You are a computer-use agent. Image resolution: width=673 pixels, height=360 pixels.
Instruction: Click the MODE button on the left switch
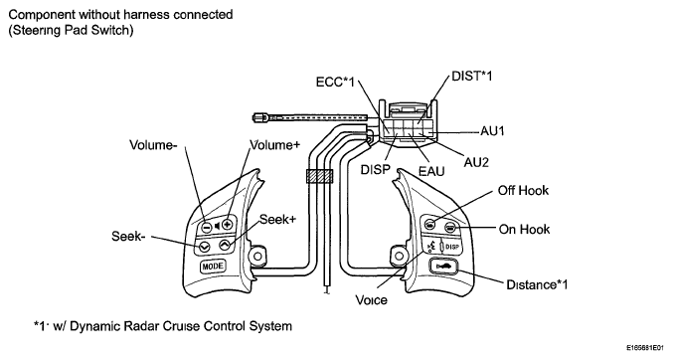pos(213,267)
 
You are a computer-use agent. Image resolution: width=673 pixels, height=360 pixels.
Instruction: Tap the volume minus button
pos(207,226)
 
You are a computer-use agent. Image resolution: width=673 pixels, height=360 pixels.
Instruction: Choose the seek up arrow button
pos(225,246)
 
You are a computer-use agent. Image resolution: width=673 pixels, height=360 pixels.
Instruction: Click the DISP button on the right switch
pos(452,247)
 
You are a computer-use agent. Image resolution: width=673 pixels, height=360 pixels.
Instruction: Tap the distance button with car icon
pos(443,268)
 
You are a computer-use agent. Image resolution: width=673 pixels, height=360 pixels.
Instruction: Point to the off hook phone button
pos(429,224)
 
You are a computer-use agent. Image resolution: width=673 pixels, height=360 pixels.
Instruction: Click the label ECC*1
pos(335,82)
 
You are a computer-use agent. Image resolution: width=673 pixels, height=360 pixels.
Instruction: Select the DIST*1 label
pos(472,76)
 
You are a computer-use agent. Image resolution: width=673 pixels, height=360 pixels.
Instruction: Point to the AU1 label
pos(492,131)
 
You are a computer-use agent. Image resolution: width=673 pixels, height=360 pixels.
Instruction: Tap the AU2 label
pos(476,162)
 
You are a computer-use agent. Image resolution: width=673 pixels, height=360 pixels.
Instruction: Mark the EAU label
pos(431,171)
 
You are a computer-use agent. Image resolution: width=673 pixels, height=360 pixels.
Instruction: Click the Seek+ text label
pos(277,219)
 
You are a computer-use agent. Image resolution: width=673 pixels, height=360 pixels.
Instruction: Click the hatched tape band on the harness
pos(320,176)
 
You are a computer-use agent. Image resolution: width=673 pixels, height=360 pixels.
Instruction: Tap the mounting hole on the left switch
pos(257,257)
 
